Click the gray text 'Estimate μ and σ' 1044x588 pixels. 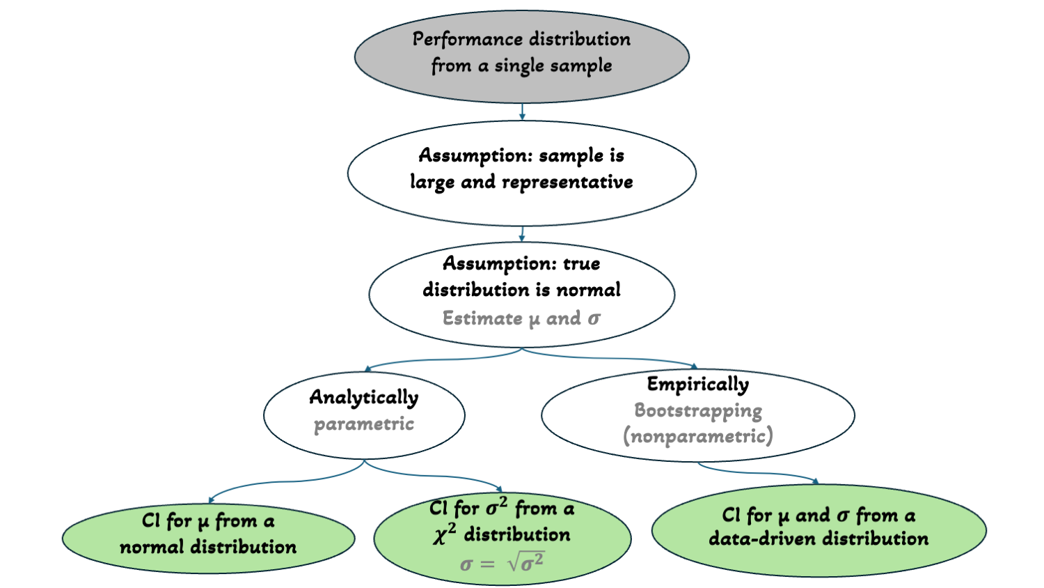click(x=521, y=318)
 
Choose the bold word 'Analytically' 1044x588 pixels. click(x=364, y=397)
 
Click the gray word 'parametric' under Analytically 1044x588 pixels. click(x=364, y=424)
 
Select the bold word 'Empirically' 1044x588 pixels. click(x=698, y=384)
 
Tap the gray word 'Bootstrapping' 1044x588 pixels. click(x=698, y=410)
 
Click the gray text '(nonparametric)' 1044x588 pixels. click(x=698, y=436)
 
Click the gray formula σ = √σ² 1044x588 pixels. click(x=502, y=563)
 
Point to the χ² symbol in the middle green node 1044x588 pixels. click(x=444, y=534)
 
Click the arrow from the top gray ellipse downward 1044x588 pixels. click(x=522, y=111)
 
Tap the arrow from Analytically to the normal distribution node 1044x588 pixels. click(x=278, y=482)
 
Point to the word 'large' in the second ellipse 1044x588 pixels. click(x=432, y=183)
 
